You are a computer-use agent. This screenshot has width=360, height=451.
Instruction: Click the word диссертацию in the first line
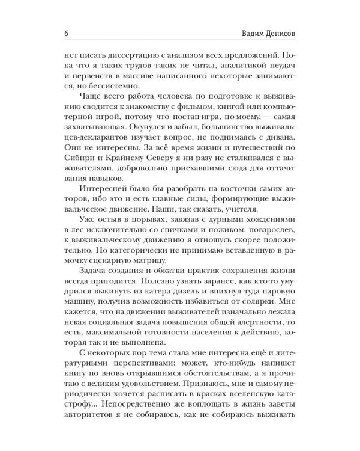(125, 53)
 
